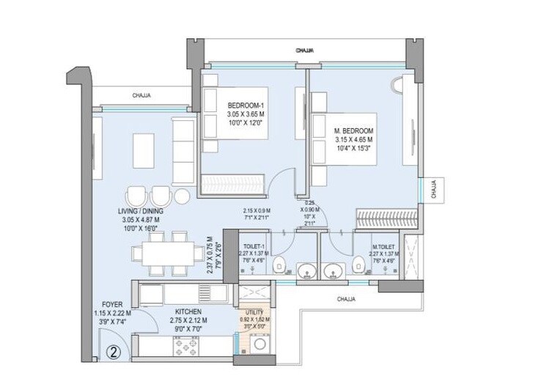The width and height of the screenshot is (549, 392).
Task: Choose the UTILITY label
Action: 254,311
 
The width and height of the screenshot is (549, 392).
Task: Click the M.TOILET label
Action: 384,247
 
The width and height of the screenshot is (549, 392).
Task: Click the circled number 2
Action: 114,350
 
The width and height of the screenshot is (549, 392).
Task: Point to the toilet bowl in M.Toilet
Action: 358,265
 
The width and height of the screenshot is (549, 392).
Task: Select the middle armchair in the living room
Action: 160,196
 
